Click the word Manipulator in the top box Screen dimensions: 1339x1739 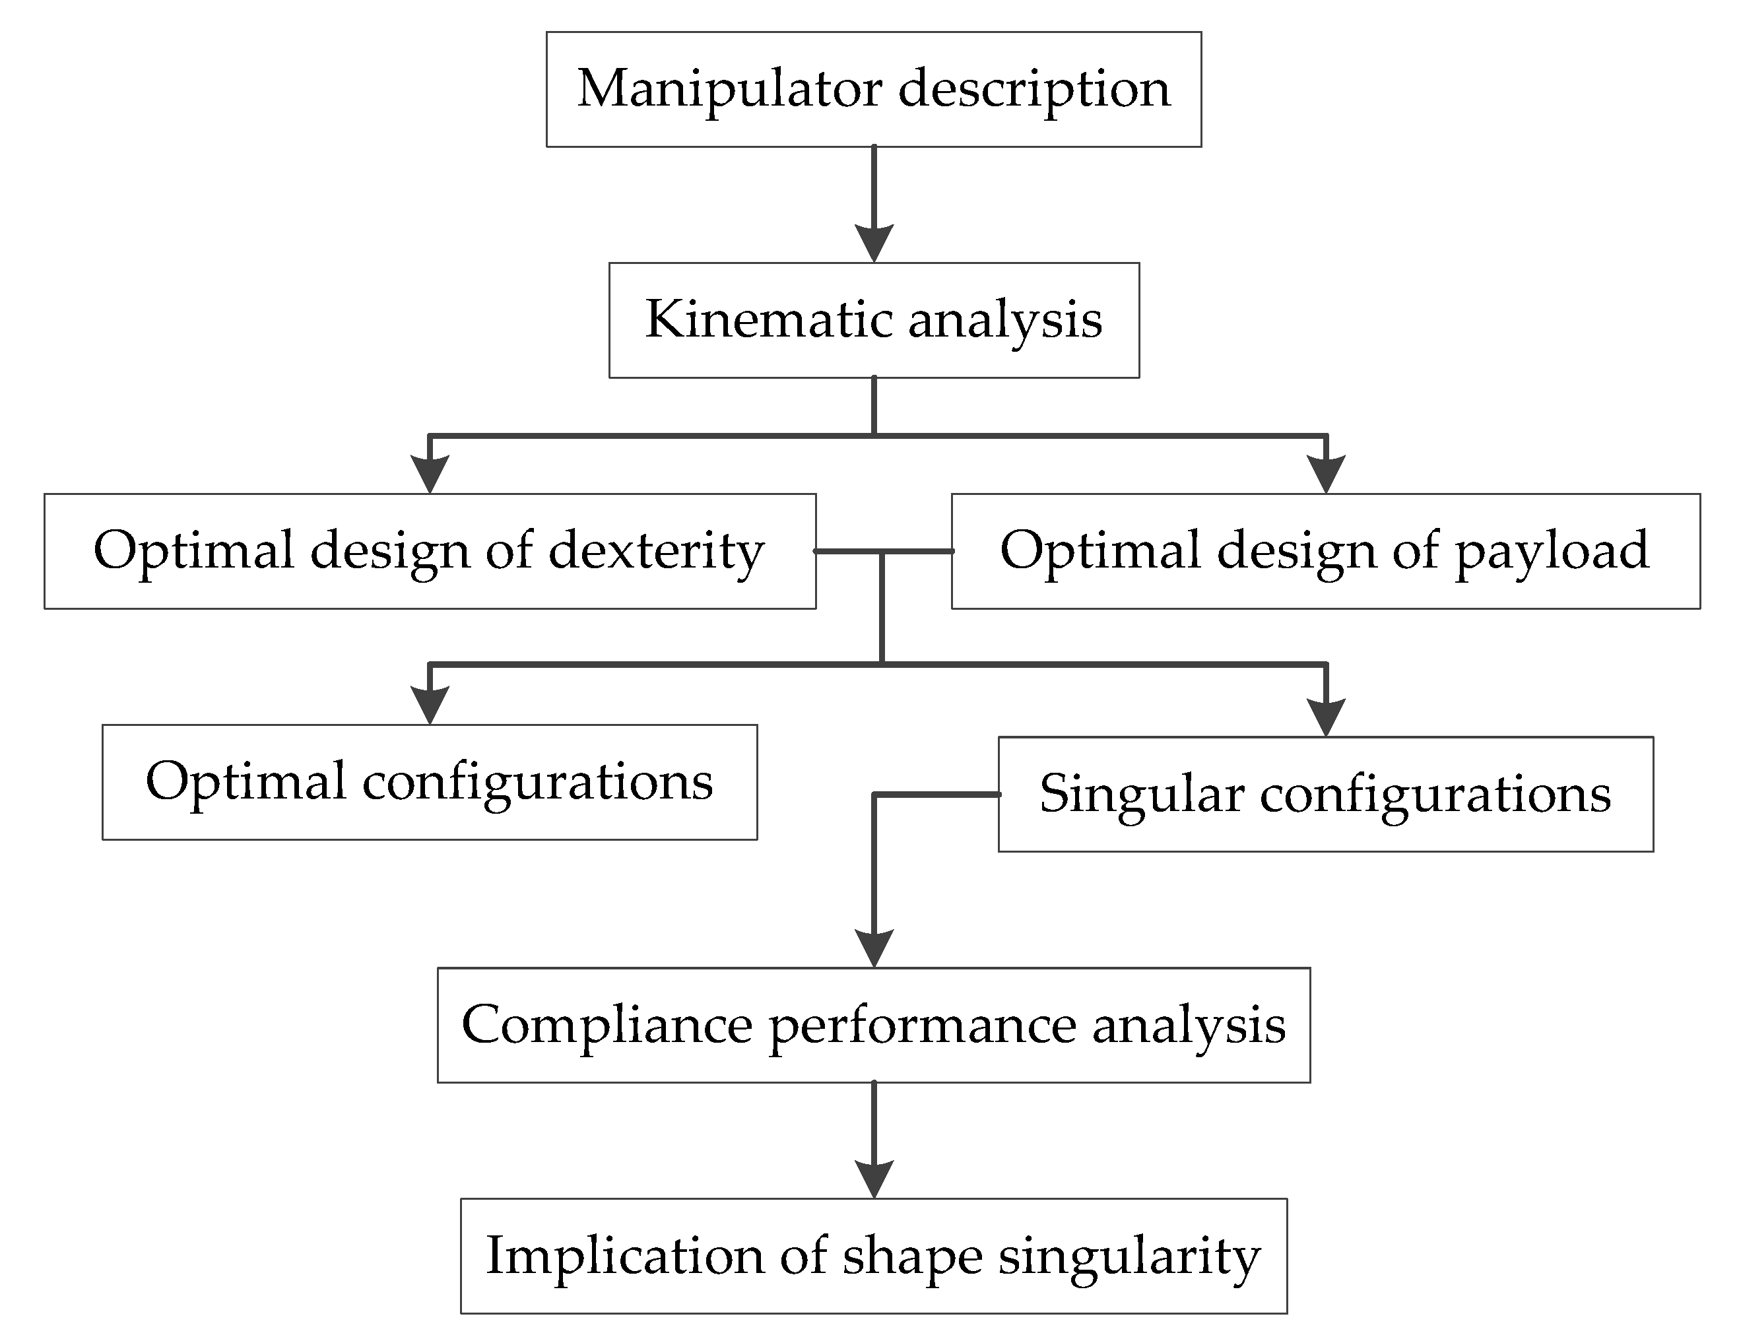[x=728, y=89]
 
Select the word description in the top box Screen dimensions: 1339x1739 [x=1034, y=89]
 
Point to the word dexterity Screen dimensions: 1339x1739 [x=656, y=551]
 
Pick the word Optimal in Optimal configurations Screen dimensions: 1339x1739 [x=246, y=782]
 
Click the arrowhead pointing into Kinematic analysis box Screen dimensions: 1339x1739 [x=874, y=242]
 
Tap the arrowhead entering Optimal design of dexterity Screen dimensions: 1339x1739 [x=430, y=473]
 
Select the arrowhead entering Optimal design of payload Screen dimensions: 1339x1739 [x=1326, y=473]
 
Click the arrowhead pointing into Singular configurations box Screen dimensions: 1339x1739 [x=1326, y=717]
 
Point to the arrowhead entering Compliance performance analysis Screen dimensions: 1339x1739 [x=874, y=947]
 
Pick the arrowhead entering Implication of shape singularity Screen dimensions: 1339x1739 [x=874, y=1178]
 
